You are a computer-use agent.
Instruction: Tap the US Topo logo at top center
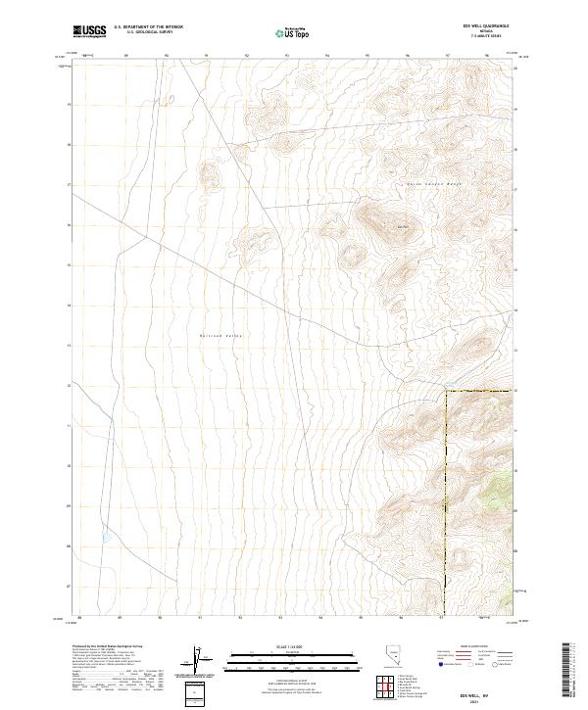293,32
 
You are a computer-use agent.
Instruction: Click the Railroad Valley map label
220,336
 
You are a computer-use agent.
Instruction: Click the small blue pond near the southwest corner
104,539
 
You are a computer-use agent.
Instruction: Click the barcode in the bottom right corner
567,671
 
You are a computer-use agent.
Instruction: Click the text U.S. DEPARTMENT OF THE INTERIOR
148,27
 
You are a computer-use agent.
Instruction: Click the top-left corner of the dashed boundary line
447,392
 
